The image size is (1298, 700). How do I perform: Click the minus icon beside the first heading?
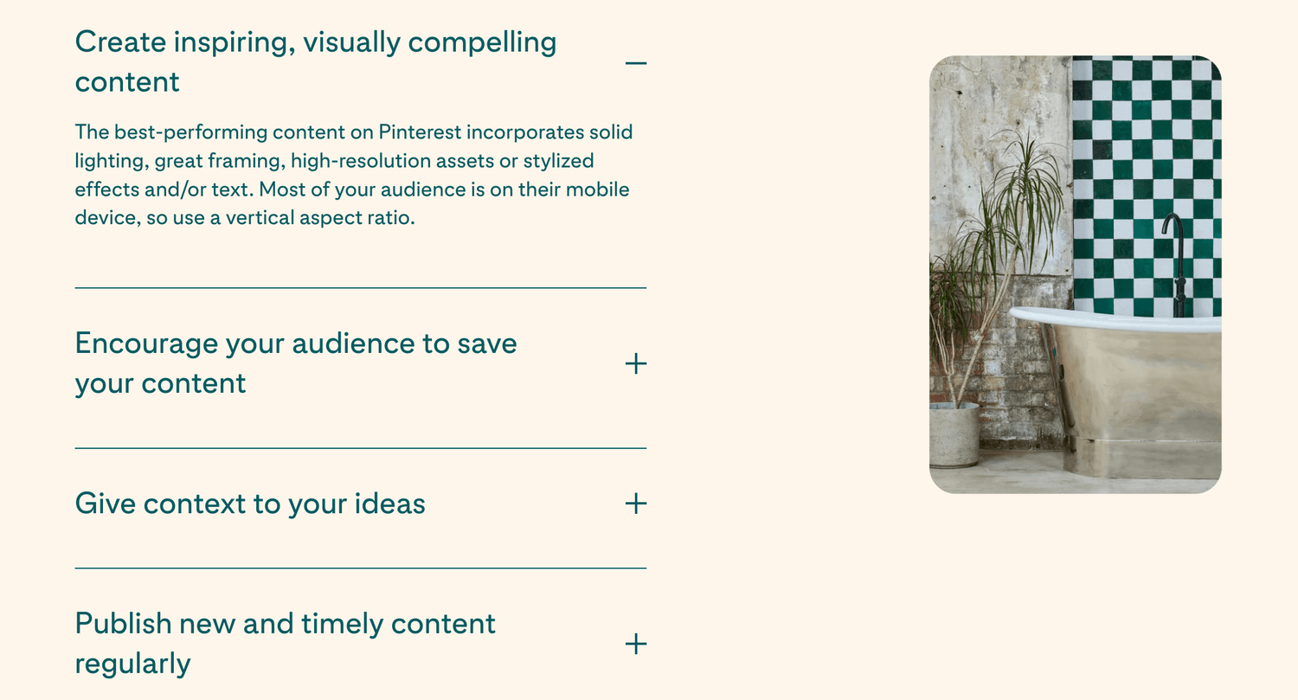click(636, 62)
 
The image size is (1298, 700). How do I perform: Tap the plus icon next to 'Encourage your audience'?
click(636, 364)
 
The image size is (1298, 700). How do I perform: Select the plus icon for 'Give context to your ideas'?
click(636, 504)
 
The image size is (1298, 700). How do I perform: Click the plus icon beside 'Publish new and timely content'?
click(636, 644)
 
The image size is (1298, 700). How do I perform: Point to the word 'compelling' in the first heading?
click(482, 43)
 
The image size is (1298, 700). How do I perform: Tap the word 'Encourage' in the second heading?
click(146, 344)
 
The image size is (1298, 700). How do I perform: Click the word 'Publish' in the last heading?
click(124, 624)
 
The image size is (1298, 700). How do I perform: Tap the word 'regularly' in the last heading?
click(132, 664)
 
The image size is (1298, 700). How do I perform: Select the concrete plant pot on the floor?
click(954, 434)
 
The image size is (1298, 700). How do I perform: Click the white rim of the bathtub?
click(1115, 320)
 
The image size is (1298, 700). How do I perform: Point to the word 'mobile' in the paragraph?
click(597, 189)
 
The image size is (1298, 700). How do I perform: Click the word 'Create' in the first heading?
click(120, 42)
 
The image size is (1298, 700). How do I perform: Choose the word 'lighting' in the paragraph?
click(109, 161)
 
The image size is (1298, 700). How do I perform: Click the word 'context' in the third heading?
click(195, 504)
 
